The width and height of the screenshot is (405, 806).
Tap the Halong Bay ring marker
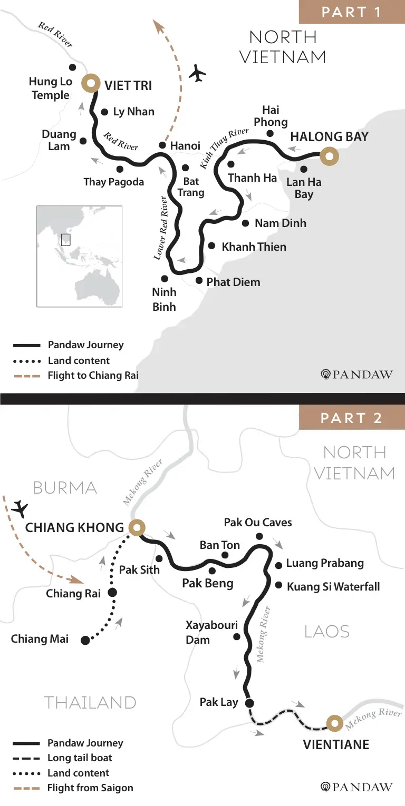[330, 156]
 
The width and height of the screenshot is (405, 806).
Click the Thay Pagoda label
[113, 182]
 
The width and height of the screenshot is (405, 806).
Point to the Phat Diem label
[233, 282]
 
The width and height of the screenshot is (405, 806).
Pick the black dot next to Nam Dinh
[245, 223]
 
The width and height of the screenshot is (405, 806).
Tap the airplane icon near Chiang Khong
[21, 509]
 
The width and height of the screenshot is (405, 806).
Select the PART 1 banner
[352, 12]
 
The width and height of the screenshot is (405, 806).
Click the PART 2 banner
[352, 418]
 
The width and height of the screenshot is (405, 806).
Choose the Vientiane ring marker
[333, 723]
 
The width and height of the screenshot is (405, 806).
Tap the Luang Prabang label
[325, 563]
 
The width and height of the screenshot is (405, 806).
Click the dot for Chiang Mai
[85, 640]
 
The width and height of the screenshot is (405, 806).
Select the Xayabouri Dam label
[211, 633]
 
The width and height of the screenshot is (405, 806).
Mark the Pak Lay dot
[249, 702]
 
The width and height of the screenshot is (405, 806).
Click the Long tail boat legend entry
[79, 758]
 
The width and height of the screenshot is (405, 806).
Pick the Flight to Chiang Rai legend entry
[93, 376]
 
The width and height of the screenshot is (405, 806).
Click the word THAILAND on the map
[90, 702]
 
